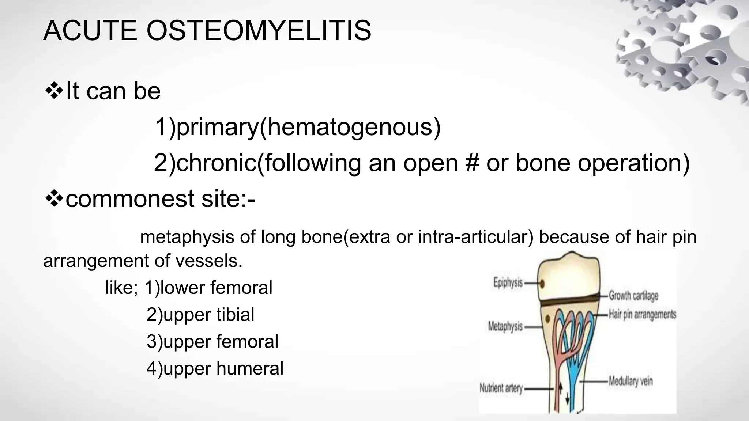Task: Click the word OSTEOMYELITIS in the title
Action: (259, 31)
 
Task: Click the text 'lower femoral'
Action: (216, 288)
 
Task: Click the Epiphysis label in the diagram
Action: (508, 283)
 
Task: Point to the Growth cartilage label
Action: (633, 296)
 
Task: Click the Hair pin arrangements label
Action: (642, 314)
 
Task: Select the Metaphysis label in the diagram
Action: (505, 326)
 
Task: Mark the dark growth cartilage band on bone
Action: (569, 301)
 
